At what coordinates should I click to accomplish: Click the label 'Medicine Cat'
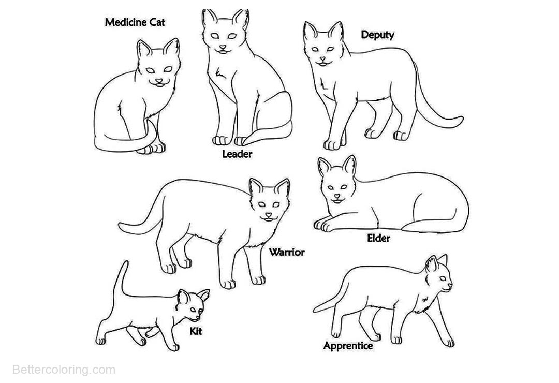click(135, 22)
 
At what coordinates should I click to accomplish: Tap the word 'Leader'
click(237, 154)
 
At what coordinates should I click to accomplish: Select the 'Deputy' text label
click(377, 35)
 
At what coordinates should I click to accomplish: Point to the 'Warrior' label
click(287, 252)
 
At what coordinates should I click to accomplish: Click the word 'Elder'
click(378, 238)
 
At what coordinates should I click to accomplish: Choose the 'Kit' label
click(196, 331)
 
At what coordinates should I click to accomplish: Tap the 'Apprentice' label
click(348, 346)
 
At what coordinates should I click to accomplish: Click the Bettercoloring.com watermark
click(64, 370)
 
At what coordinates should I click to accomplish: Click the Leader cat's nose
click(223, 47)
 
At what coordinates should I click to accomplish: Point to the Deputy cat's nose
click(322, 59)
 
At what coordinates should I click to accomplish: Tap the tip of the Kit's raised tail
click(125, 262)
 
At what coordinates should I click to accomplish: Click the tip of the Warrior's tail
click(120, 225)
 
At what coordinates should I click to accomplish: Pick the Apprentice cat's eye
click(444, 278)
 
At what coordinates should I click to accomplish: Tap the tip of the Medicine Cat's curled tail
click(149, 121)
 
